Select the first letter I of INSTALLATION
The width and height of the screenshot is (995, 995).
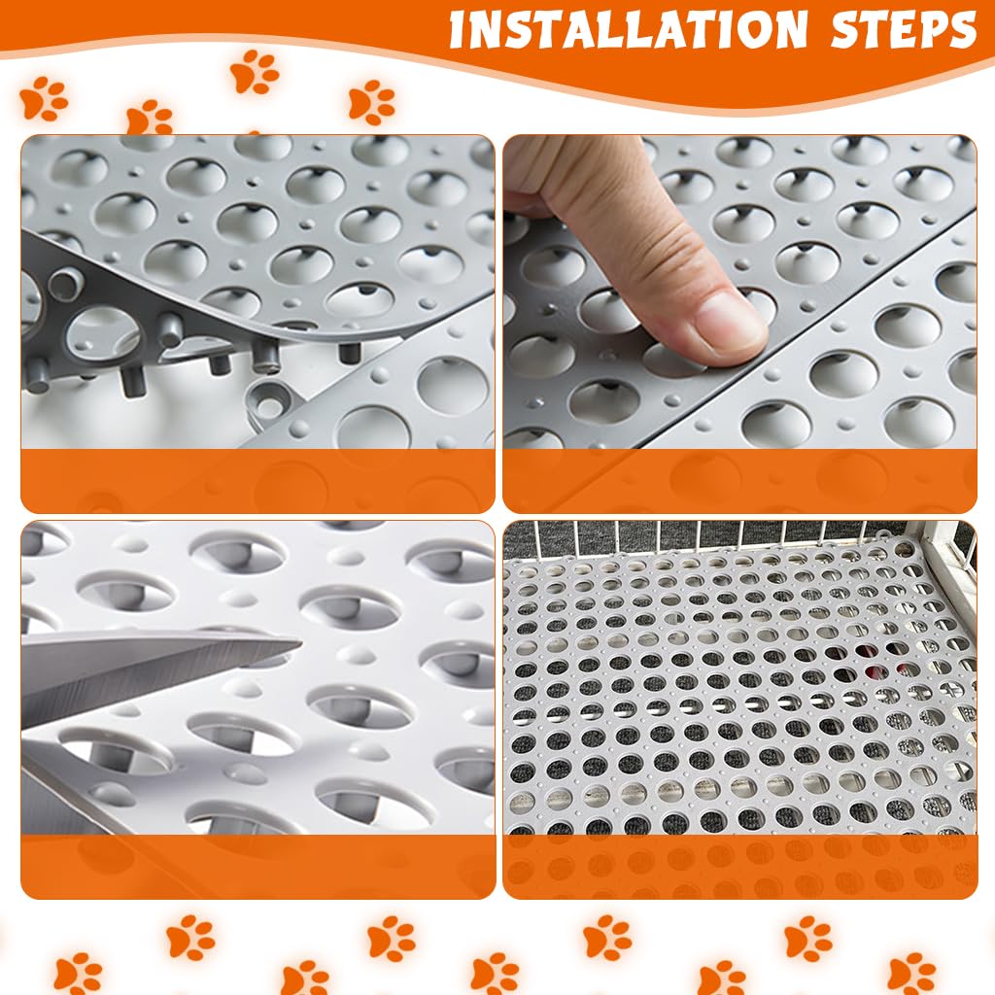click(x=458, y=31)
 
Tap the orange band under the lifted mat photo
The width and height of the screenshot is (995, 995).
click(x=257, y=480)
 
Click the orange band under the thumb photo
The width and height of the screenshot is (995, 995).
click(x=739, y=480)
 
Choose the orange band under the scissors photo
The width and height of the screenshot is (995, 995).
click(x=257, y=866)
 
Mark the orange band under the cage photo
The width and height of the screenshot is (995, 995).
click(x=739, y=866)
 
